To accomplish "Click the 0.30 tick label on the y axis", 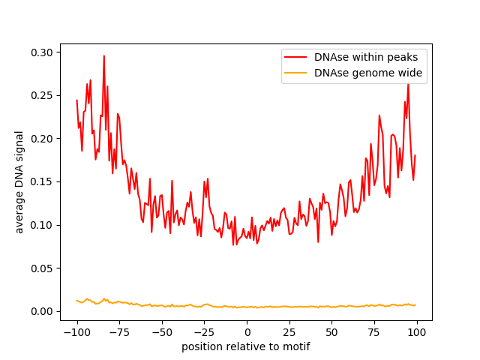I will coord(43,52).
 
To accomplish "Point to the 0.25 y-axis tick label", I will coord(43,95).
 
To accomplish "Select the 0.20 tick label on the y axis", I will coord(43,139).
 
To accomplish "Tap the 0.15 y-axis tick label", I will coord(43,181).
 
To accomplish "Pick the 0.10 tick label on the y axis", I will coord(43,225).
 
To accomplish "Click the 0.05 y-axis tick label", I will coord(43,268).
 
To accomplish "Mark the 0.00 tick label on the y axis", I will coord(43,311).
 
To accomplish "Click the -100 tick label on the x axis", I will coord(76,332).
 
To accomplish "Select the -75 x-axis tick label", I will coord(119,332).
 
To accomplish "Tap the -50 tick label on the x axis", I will coord(162,332).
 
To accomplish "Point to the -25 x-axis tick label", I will coord(205,332).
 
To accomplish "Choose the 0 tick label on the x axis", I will coord(247,332).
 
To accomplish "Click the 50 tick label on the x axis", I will coord(332,332).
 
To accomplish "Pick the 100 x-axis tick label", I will coord(418,332).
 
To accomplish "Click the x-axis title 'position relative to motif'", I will coord(246,346).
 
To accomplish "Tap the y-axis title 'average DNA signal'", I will coord(20,181).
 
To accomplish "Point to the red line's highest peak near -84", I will coord(104,55).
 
